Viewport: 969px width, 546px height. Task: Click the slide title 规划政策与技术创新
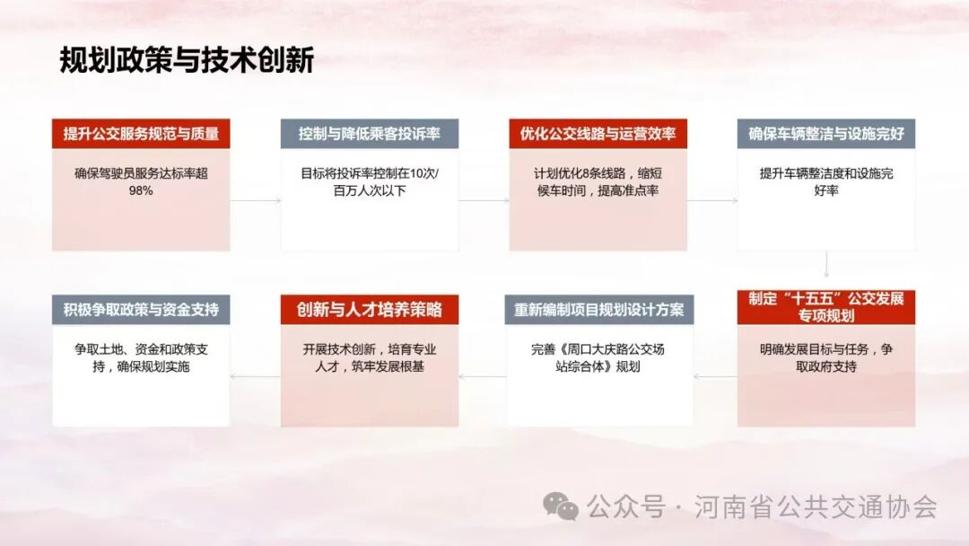point(187,60)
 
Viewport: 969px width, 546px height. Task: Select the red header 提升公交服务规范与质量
point(141,134)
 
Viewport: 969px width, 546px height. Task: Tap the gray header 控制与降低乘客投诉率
point(370,134)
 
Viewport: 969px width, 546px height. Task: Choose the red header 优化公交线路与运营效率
point(598,134)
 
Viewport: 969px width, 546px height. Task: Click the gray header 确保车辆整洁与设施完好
point(826,134)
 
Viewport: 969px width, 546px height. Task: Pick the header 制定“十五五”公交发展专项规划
point(826,307)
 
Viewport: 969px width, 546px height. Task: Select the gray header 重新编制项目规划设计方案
point(598,310)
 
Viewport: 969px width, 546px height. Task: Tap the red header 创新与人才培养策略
point(370,310)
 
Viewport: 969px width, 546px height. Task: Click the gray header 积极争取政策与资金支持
point(141,310)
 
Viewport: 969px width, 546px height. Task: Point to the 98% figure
point(141,190)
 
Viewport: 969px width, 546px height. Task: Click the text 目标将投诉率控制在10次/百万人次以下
point(370,181)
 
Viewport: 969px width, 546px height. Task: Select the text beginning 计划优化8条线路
point(598,181)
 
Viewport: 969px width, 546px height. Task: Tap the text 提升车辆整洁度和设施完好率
point(826,181)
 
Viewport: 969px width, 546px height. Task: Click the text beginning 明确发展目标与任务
point(826,357)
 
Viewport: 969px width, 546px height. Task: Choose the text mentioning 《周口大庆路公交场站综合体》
point(598,357)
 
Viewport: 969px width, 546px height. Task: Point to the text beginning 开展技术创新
point(370,357)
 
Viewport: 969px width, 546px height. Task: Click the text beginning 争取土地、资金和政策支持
point(141,357)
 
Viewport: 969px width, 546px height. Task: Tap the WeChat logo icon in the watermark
point(563,507)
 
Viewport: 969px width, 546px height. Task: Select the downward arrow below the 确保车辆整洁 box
point(826,267)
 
